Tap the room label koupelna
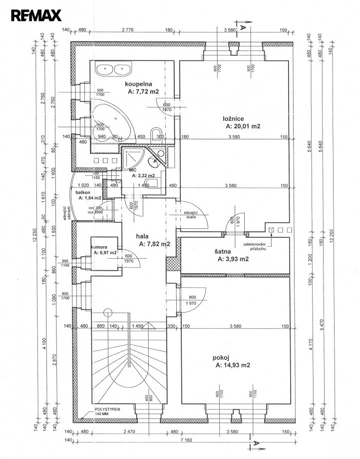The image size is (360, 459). click(138, 84)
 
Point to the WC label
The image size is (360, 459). click(133, 170)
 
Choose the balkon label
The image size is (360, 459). click(82, 192)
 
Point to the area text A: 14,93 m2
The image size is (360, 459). click(233, 365)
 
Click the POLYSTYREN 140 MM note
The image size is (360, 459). click(108, 411)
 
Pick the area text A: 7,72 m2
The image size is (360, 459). click(143, 92)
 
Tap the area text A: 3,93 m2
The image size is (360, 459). click(233, 259)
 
